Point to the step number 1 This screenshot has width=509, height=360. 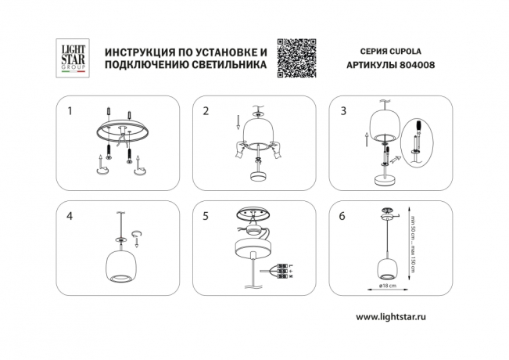tap(70, 111)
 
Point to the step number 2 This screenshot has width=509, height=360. tap(206, 111)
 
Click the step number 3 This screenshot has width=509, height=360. tap(342, 111)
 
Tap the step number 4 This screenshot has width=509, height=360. tap(70, 218)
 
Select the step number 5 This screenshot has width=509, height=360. tap(206, 218)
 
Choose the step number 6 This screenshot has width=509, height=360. tap(342, 218)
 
